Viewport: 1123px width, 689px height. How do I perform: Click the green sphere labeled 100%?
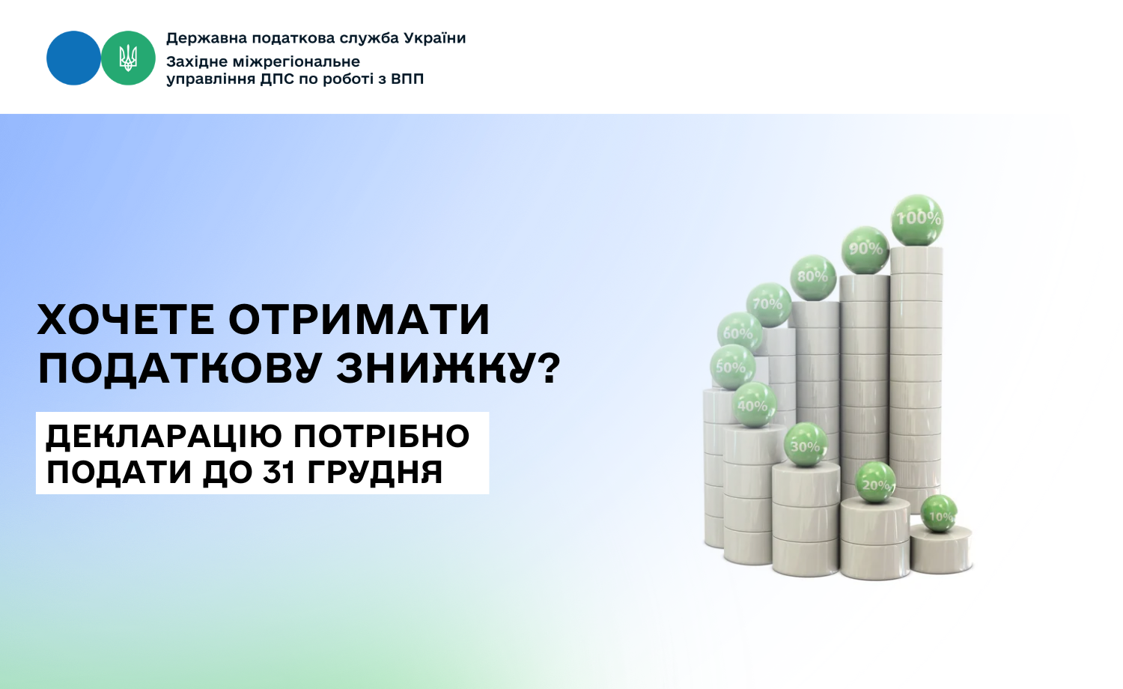click(x=917, y=220)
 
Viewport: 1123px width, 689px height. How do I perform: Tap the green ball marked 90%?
click(x=865, y=250)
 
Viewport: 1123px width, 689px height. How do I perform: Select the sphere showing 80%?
click(x=813, y=278)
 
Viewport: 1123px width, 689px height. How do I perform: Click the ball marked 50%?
click(x=732, y=367)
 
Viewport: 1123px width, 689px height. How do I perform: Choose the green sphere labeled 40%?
click(x=754, y=404)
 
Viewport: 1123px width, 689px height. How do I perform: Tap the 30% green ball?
click(x=806, y=445)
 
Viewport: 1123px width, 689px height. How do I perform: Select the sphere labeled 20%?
click(x=875, y=482)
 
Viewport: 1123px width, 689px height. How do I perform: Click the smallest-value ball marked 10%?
click(x=939, y=514)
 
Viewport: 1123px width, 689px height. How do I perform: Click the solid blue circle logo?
click(x=73, y=58)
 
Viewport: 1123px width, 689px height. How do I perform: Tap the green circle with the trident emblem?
click(x=128, y=58)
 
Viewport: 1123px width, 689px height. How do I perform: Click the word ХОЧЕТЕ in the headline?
click(x=126, y=320)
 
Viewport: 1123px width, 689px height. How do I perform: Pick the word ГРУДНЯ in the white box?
click(x=375, y=473)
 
